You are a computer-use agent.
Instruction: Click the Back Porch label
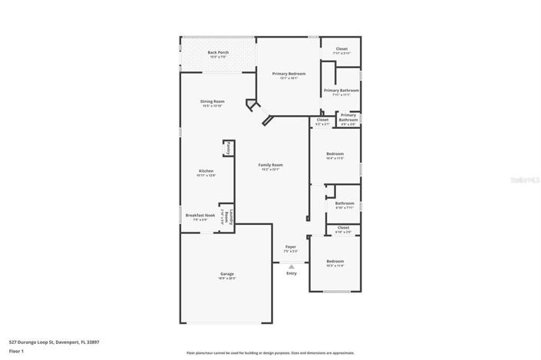pyautogui.click(x=218, y=53)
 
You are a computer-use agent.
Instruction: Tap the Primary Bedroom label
pyautogui.click(x=289, y=74)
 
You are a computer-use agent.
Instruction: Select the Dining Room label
pyautogui.click(x=212, y=101)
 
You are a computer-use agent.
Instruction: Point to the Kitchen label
pyautogui.click(x=206, y=170)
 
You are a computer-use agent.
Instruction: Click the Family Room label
pyautogui.click(x=270, y=165)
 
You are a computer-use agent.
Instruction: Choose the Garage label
pyautogui.click(x=226, y=274)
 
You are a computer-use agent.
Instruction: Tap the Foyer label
pyautogui.click(x=290, y=247)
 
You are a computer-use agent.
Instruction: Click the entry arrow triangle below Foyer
pyautogui.click(x=291, y=266)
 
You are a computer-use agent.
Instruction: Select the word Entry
pyautogui.click(x=291, y=273)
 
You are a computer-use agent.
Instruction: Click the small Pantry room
pyautogui.click(x=228, y=148)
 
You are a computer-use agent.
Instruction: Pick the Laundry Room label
pyautogui.click(x=228, y=216)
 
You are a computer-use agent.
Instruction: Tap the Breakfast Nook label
pyautogui.click(x=200, y=216)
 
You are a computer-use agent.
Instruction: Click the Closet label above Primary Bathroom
pyautogui.click(x=341, y=49)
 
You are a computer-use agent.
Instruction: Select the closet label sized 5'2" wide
pyautogui.click(x=322, y=120)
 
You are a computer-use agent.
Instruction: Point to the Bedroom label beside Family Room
pyautogui.click(x=335, y=154)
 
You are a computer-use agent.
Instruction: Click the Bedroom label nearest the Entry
pyautogui.click(x=335, y=262)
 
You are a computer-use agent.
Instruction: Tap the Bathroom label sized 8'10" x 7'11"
pyautogui.click(x=345, y=203)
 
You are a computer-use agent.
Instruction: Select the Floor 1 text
pyautogui.click(x=17, y=351)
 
